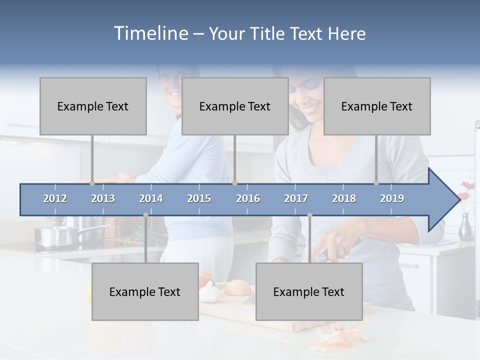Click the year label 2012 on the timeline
point(55,198)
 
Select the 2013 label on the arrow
point(103,198)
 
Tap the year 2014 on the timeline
point(151,198)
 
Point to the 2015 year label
point(199,198)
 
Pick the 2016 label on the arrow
point(248,198)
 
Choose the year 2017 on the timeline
point(296,198)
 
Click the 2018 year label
point(344,198)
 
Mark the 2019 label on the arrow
point(392,198)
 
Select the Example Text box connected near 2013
point(93,106)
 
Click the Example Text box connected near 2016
point(235,106)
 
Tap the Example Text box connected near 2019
point(377,106)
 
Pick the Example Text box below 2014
point(145,292)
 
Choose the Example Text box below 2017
point(309,292)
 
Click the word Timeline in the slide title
point(150,33)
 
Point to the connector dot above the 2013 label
point(92,183)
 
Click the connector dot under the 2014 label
point(145,215)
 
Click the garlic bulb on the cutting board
point(209,295)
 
